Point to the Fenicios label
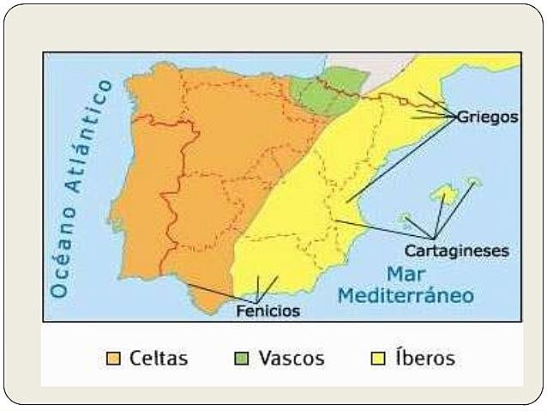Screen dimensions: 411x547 point(268,311)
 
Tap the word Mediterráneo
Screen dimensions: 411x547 point(406,297)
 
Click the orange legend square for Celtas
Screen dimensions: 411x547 point(113,358)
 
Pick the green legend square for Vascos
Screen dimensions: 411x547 point(243,358)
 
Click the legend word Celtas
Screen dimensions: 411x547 point(159,358)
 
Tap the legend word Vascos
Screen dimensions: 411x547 point(292,358)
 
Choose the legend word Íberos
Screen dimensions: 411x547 point(424,358)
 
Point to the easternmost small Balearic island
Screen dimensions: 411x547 point(472,181)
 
